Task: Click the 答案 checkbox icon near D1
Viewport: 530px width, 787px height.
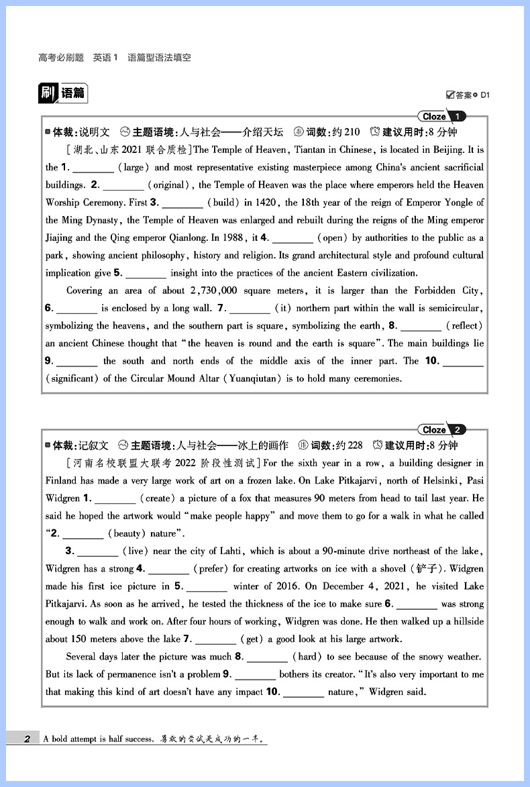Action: [449, 95]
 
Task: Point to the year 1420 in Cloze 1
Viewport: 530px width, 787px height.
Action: [268, 202]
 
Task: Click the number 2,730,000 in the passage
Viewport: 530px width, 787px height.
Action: [223, 291]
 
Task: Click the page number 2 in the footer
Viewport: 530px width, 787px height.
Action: [27, 739]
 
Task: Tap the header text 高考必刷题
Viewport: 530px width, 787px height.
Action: [61, 58]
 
